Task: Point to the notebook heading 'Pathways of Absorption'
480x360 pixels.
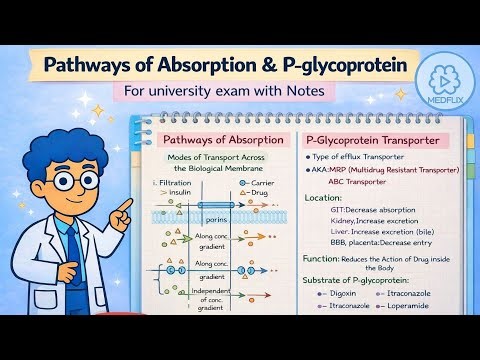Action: (x=221, y=142)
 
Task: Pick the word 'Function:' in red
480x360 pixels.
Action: (x=323, y=257)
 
